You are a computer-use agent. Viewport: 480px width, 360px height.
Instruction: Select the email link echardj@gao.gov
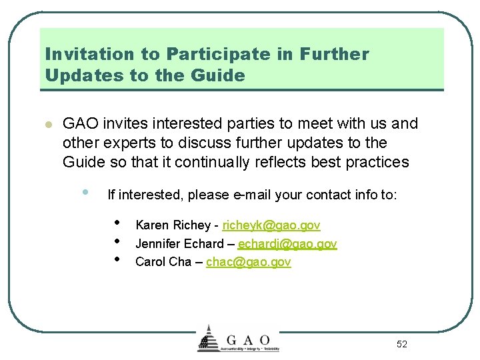pyautogui.click(x=287, y=244)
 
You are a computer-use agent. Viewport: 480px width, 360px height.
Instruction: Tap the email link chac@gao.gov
pyautogui.click(x=248, y=262)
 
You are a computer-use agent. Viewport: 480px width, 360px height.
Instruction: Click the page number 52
pyautogui.click(x=401, y=344)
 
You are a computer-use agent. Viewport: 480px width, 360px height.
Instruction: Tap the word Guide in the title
pyautogui.click(x=217, y=75)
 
